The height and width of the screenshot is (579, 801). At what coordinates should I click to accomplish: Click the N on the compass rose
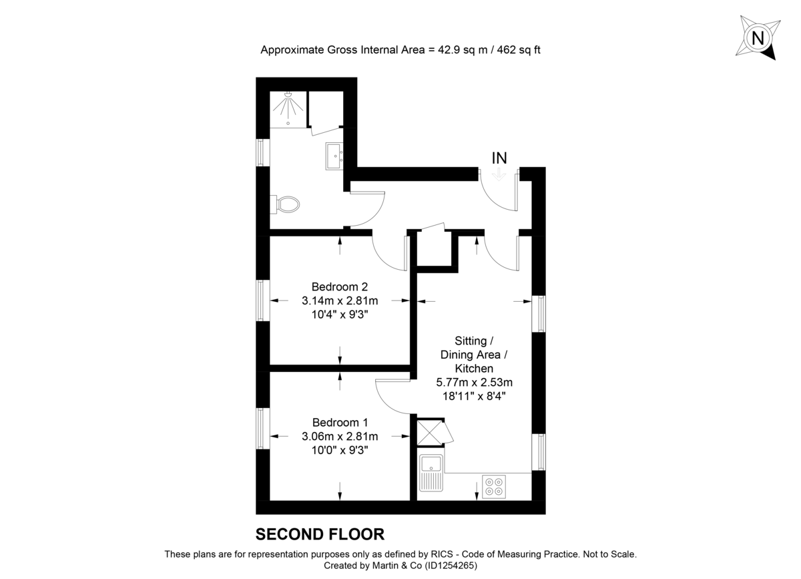(x=758, y=37)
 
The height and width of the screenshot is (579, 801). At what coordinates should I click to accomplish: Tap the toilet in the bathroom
(x=284, y=204)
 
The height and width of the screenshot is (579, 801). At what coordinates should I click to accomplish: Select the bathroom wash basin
(x=334, y=156)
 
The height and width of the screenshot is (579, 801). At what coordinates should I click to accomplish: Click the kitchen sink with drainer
(x=431, y=473)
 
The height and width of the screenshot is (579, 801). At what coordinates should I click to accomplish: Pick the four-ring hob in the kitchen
(x=494, y=486)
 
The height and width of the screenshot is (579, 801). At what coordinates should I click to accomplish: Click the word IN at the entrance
(x=499, y=158)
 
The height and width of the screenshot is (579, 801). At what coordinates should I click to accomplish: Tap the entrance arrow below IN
(x=499, y=176)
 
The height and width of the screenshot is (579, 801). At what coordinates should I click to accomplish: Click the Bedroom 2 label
(x=339, y=286)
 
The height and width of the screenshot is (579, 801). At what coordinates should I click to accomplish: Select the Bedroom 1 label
(x=340, y=422)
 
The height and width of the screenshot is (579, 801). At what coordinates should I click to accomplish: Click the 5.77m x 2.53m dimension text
(x=474, y=382)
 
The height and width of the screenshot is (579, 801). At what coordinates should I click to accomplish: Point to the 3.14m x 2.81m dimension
(x=340, y=301)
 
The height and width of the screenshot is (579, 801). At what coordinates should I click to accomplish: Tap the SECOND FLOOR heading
(x=320, y=534)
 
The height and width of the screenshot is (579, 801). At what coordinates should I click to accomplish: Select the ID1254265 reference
(x=450, y=566)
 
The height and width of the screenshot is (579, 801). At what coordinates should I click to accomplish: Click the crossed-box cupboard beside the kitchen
(x=430, y=433)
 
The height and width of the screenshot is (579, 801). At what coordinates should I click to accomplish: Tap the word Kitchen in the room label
(x=474, y=368)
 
